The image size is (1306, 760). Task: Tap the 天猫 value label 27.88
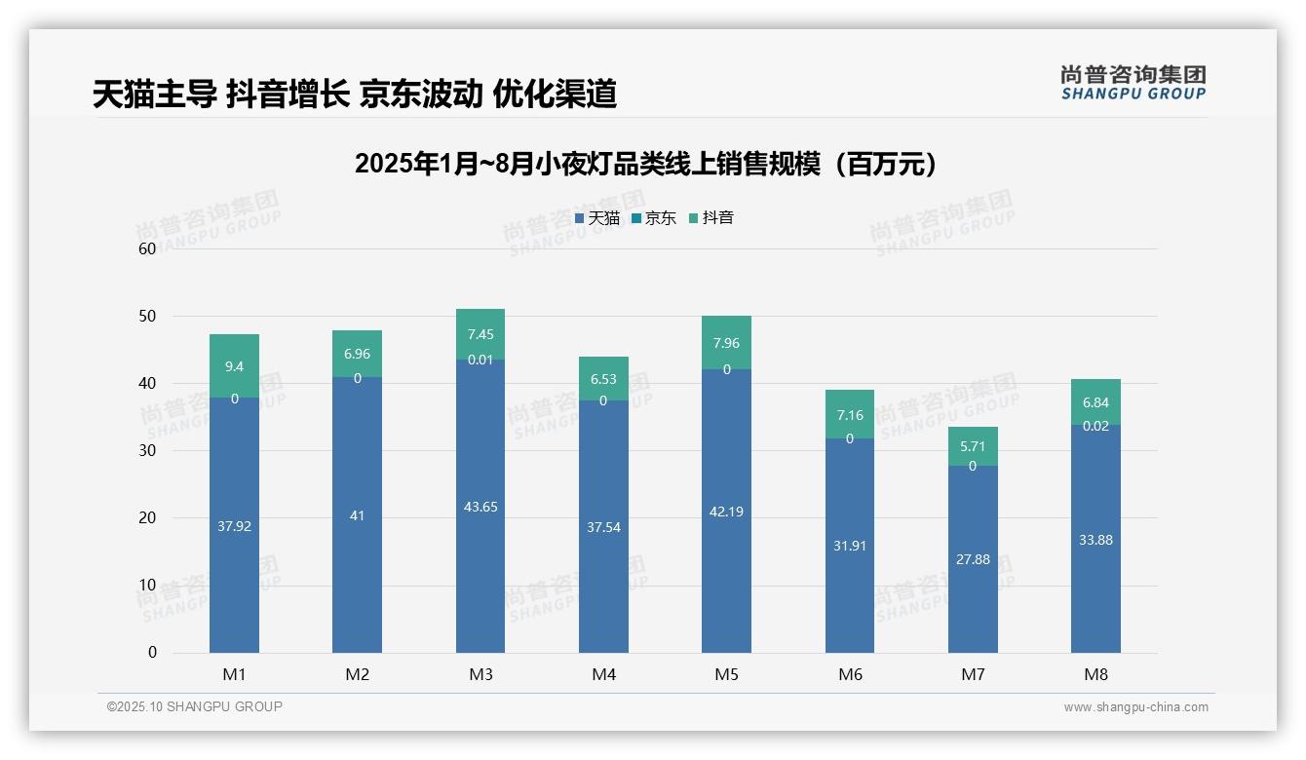point(973,559)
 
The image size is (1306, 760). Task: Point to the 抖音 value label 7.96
point(727,343)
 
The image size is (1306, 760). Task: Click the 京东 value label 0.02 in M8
point(1095,426)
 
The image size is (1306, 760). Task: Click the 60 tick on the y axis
point(147,248)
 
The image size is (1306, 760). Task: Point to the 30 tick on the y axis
point(147,451)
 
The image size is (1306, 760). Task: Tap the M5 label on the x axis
point(727,674)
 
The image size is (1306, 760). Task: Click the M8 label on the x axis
point(1095,674)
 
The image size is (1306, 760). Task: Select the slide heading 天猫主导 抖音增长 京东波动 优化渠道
point(355,94)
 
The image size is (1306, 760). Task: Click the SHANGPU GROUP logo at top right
point(1133,82)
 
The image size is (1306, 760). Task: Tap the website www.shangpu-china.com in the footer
point(1135,707)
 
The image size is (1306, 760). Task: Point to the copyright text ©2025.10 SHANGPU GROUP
point(195,706)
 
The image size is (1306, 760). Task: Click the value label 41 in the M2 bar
point(357,515)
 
